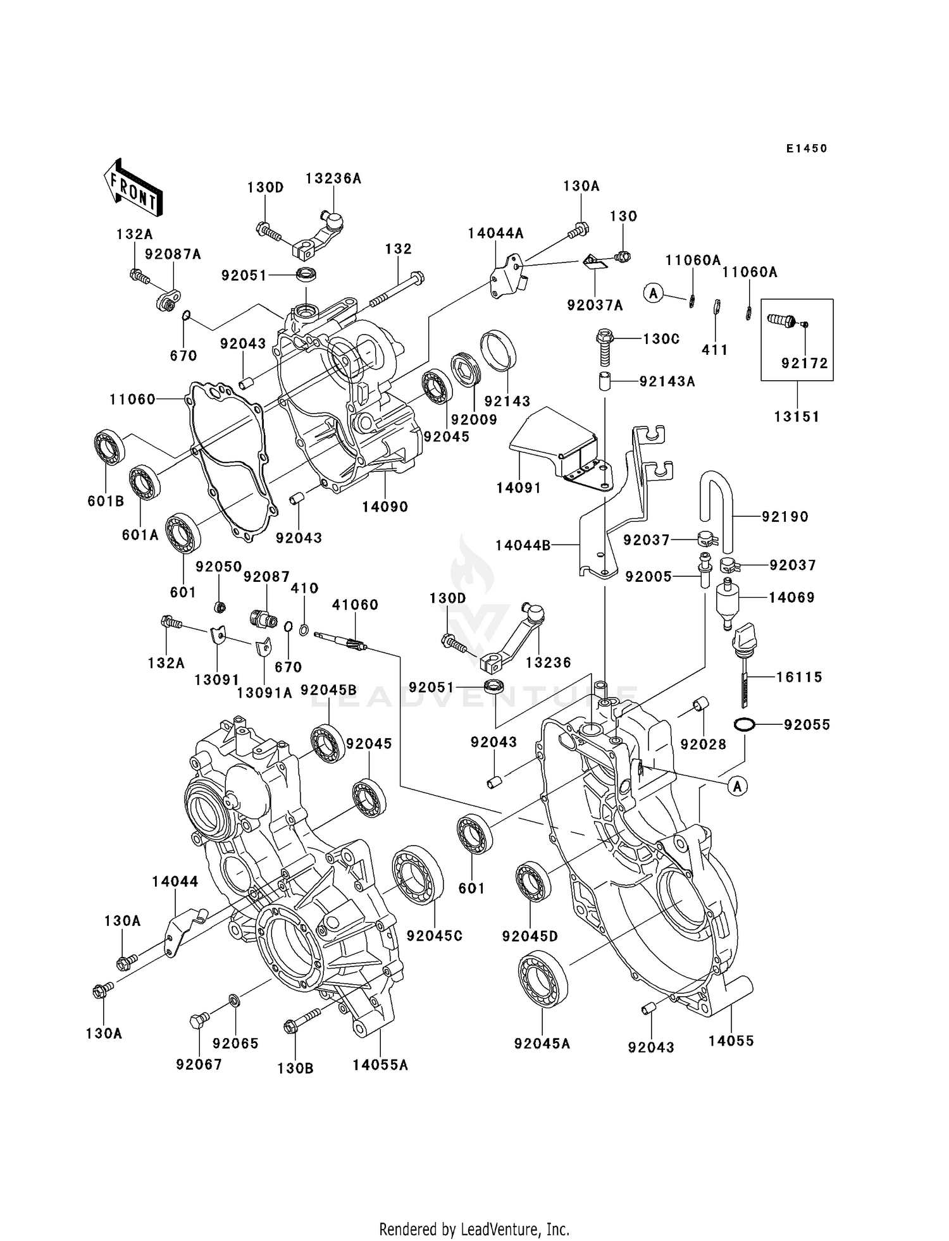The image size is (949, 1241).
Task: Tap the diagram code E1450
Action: pos(807,149)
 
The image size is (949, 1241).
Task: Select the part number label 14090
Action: pos(385,507)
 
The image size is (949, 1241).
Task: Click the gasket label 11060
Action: pos(132,399)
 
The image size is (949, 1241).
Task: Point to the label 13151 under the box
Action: pos(797,417)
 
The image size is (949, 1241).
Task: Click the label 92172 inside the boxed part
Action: pos(804,364)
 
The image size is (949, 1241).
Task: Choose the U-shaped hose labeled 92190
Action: pos(718,506)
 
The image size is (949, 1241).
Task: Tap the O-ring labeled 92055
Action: pos(745,724)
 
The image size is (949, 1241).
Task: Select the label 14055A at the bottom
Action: pos(380,1065)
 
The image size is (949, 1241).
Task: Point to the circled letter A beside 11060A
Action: pos(654,293)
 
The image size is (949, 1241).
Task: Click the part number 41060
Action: pos(355,605)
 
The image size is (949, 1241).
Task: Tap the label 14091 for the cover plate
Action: pos(518,488)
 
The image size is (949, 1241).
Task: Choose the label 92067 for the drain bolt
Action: pos(199,1065)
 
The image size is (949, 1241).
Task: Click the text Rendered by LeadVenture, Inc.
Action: pos(474,1229)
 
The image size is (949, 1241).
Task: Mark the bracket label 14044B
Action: pos(523,545)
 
